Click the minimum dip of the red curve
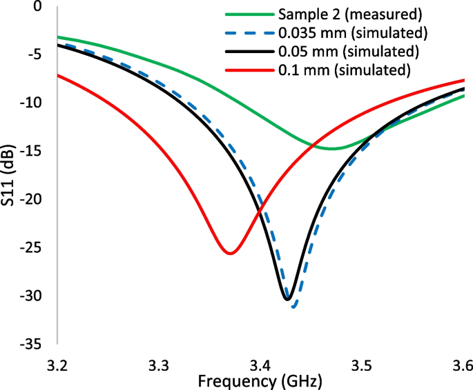coord(229,253)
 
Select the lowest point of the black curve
coord(288,298)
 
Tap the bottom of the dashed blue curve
coord(294,307)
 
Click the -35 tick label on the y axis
coord(32,343)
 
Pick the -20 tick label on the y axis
coord(32,199)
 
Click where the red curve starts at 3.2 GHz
coord(59,75)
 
